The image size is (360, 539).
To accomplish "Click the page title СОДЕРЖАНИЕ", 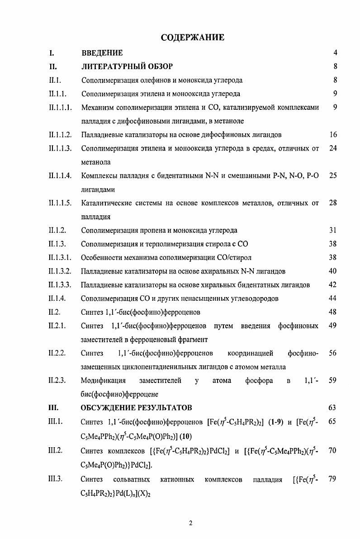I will click(192, 38).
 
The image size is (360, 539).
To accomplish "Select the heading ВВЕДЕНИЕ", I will click(102, 53).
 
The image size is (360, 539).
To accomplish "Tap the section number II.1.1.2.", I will click(61, 135).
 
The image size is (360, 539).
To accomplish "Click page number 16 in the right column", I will click(333, 135).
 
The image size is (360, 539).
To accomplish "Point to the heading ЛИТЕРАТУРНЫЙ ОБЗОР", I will click(127, 66).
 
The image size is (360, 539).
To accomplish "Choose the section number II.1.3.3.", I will click(61, 285).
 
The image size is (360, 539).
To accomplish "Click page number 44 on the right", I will click(333, 298).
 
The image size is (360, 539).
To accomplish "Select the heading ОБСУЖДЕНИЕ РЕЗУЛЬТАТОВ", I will click(136, 408).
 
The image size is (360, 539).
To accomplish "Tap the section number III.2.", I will click(57, 451).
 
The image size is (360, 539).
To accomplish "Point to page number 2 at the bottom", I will click(190, 524).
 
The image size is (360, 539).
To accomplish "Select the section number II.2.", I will click(55, 312).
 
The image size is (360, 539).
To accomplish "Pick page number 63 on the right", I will click(333, 408).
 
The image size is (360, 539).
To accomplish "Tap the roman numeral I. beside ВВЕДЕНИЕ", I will click(52, 53).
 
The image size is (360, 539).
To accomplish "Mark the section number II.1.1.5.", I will click(61, 203).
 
